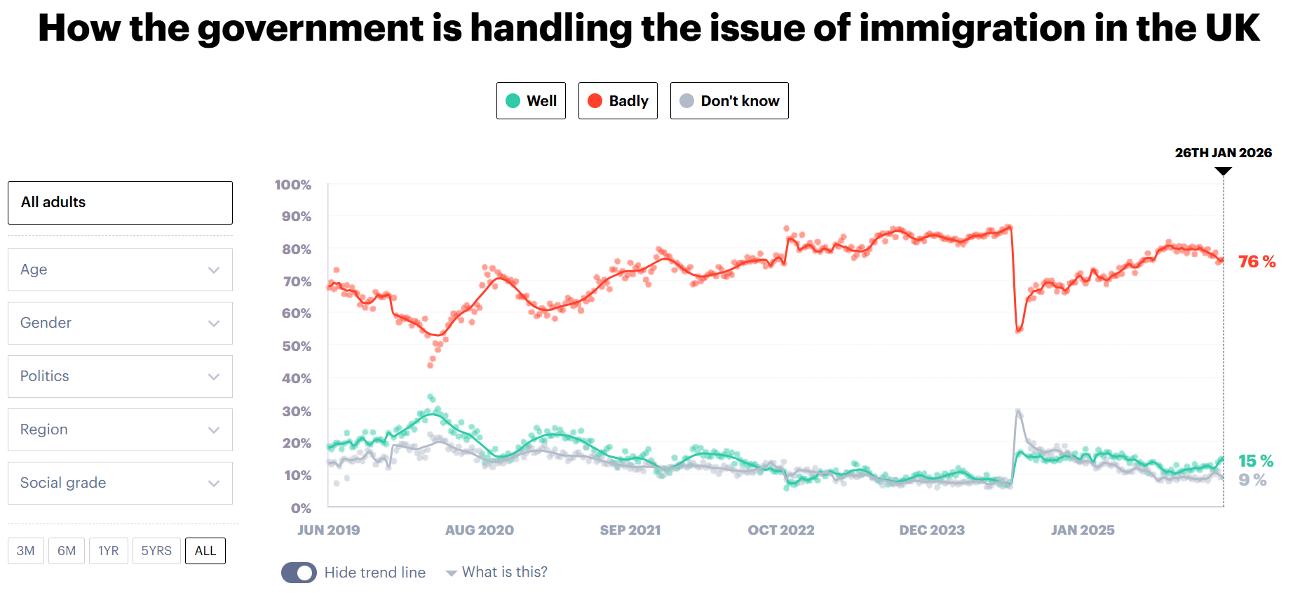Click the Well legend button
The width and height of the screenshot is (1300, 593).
coord(531,101)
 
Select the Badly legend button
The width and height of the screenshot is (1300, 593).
coord(618,101)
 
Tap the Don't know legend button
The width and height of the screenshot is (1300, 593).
coord(729,101)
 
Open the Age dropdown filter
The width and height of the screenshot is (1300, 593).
coord(120,270)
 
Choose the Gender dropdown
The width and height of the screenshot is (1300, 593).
coord(120,324)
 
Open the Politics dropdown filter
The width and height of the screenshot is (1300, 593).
coord(120,377)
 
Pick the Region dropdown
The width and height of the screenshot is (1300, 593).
coord(120,430)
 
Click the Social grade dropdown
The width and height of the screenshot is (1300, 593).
coord(120,484)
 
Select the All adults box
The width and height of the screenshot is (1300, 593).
coord(120,203)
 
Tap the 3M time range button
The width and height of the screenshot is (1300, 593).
coord(26,551)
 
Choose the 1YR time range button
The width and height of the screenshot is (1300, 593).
coord(109,551)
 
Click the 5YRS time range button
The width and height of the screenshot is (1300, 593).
coord(156,551)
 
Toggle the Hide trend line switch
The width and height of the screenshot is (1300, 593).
coord(299,573)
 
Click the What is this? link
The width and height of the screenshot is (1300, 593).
coord(504,572)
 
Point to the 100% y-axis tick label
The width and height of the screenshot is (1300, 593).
coord(293,185)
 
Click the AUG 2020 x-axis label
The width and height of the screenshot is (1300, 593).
coord(480,530)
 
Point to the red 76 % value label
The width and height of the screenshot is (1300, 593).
coord(1257,262)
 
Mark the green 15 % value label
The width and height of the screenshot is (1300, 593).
coord(1256,461)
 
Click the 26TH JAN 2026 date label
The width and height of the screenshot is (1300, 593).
coord(1223,153)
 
